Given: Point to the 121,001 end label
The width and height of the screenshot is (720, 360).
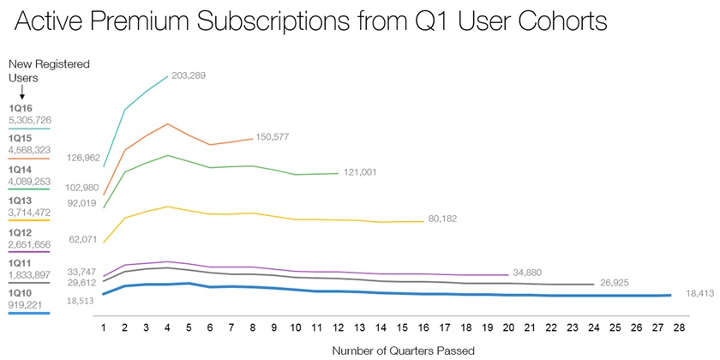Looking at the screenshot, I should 364,173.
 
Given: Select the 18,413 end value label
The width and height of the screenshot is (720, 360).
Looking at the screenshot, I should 694,294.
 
